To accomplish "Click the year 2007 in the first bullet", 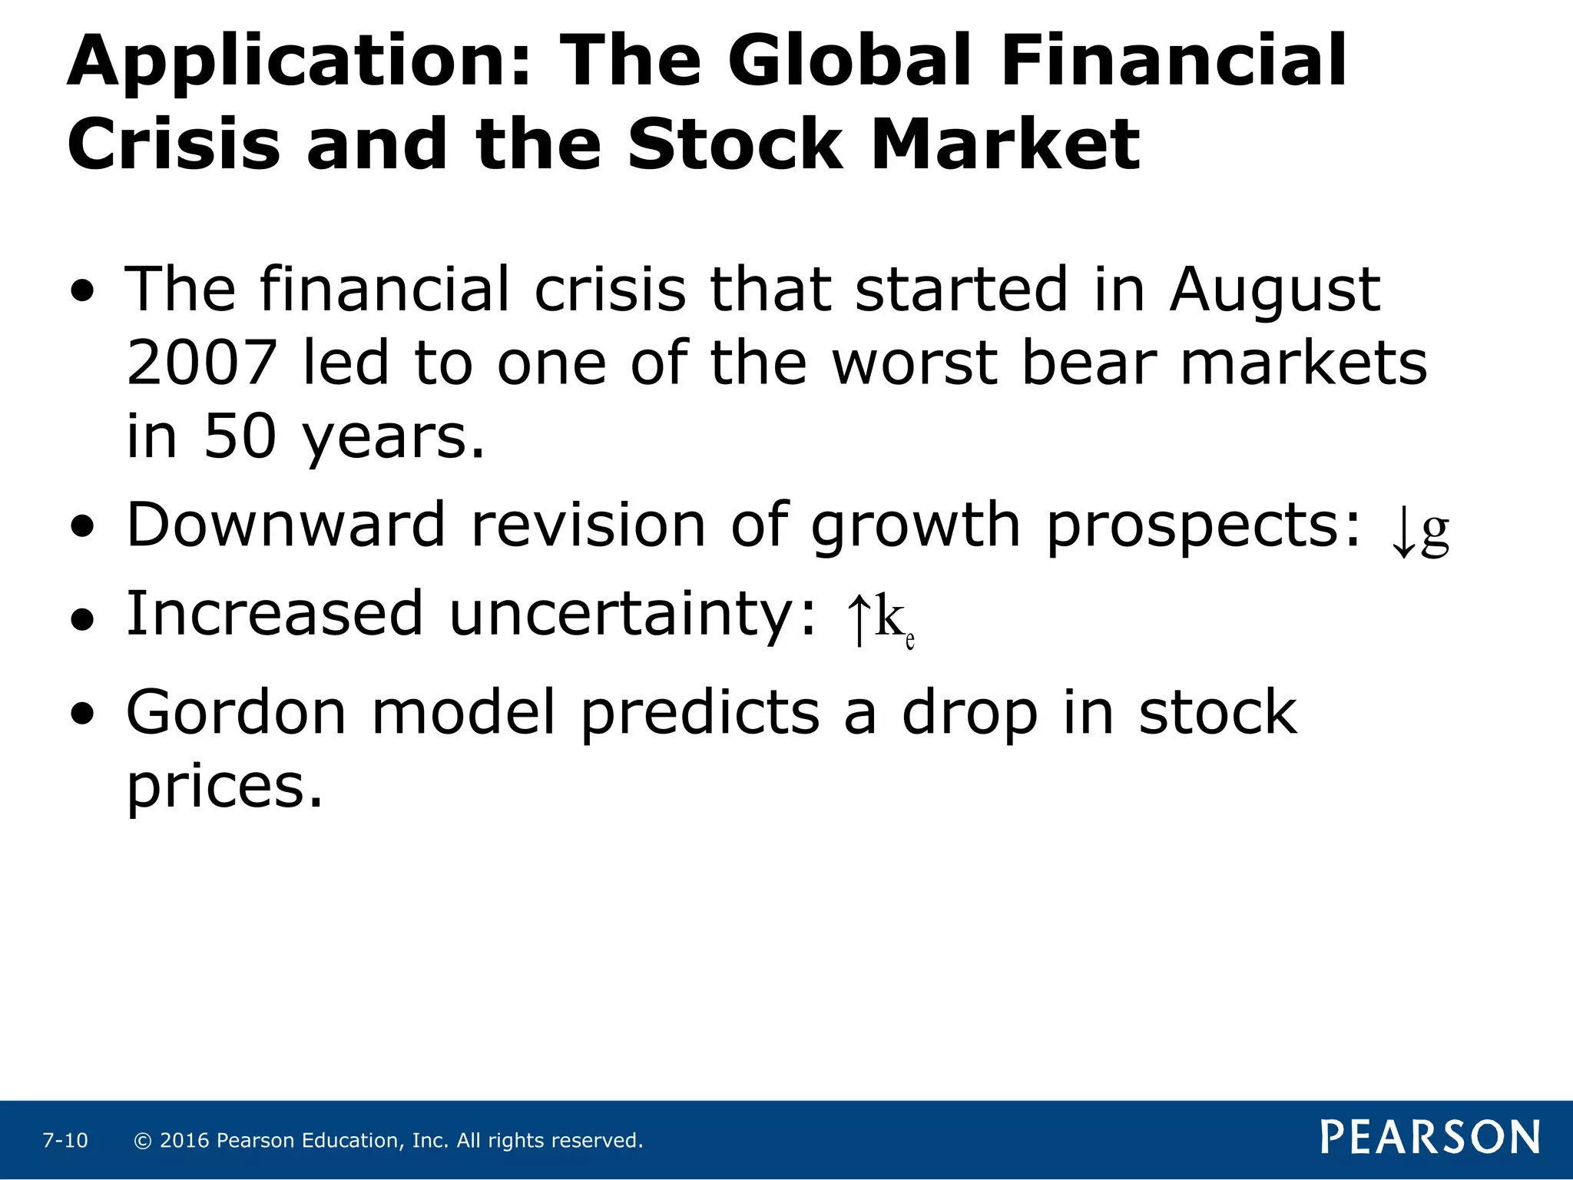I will tap(201, 363).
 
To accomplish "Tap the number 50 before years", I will tap(240, 436).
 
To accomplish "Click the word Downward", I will tap(286, 525).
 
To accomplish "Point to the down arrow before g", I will tap(1402, 535).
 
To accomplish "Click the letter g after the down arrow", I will tap(1435, 532).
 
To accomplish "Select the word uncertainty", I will tap(631, 615).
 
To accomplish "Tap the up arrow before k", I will tap(859, 619).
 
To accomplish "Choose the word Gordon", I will tap(237, 713).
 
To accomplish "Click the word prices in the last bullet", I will tap(224, 788).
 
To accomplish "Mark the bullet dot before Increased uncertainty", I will tap(82, 619).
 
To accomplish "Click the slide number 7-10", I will tap(65, 1141).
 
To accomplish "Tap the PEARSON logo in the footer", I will tap(1430, 1138).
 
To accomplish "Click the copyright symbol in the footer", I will tap(143, 1141).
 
